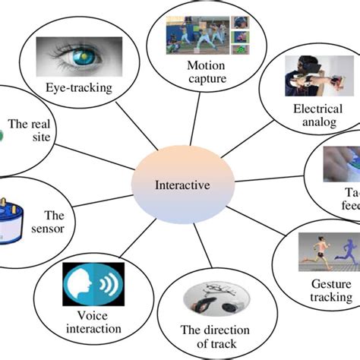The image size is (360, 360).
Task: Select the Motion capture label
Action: pos(206,70)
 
